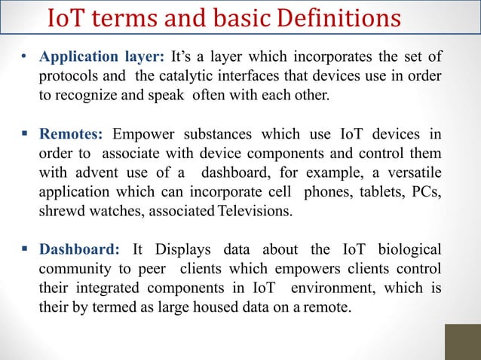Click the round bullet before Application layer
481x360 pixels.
click(25, 58)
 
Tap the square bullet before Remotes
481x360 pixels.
click(25, 136)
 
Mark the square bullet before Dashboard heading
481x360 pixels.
click(25, 250)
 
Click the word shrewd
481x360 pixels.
click(61, 212)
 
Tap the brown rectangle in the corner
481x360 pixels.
click(462, 341)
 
